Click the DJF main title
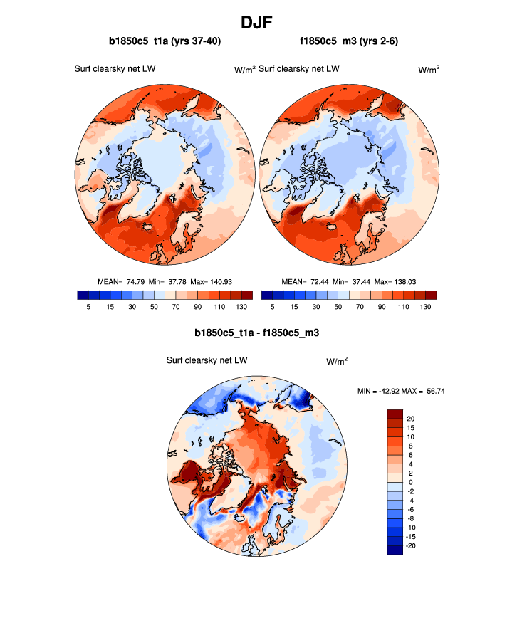tap(261, 22)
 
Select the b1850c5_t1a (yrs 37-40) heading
tap(165, 42)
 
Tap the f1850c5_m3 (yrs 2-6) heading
tap(349, 42)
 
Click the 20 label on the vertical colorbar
tap(409, 418)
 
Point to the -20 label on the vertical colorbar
tap(411, 545)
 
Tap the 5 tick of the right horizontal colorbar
tap(273, 306)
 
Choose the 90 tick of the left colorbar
tap(197, 306)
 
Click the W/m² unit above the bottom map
tap(337, 361)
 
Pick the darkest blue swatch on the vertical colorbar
tap(395, 550)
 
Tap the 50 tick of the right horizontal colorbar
tap(338, 306)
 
